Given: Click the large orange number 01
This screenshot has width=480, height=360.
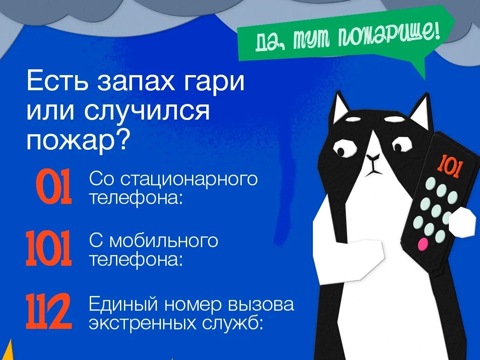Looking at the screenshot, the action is [54, 188].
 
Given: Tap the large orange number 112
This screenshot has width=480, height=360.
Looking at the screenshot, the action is [49, 311].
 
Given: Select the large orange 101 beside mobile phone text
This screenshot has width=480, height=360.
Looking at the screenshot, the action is [49, 248].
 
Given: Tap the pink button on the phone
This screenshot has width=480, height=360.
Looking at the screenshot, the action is [423, 244].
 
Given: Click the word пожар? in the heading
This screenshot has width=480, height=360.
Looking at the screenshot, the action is [76, 140].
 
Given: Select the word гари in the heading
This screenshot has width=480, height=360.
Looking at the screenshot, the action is [214, 81].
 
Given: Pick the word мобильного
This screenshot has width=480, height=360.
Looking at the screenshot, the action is [164, 241].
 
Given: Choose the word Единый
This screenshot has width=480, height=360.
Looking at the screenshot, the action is [124, 304].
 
